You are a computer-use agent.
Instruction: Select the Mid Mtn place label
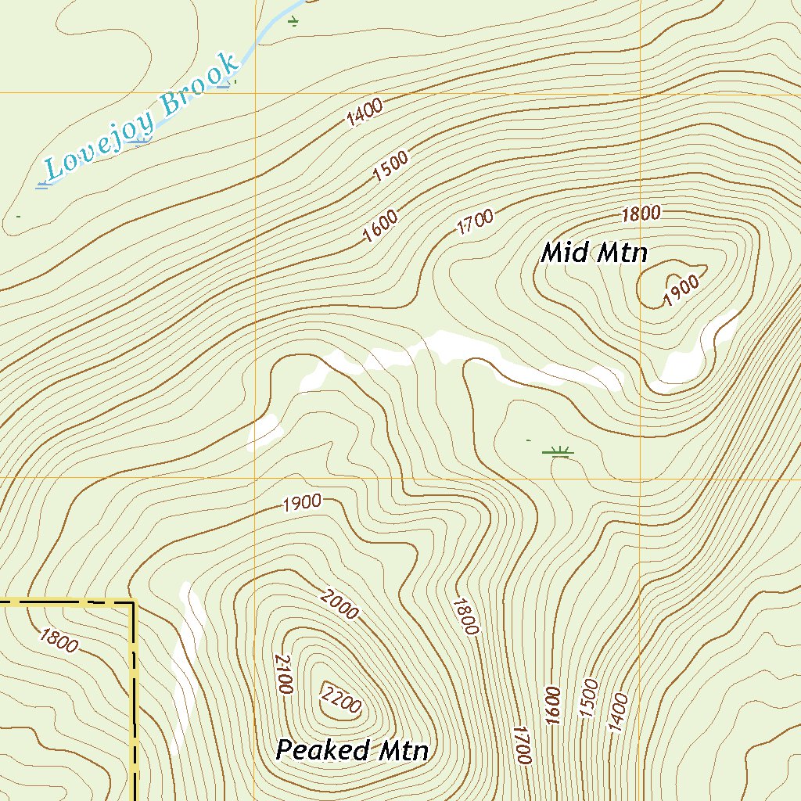pos(594,253)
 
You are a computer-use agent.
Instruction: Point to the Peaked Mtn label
pos(352,751)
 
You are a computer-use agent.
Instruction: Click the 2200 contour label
pos(342,698)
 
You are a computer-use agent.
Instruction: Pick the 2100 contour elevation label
pos(282,674)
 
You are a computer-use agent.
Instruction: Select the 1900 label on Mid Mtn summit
pos(681,292)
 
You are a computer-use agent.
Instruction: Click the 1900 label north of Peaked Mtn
pos(302,502)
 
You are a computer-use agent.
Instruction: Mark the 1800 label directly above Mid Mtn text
pos(641,213)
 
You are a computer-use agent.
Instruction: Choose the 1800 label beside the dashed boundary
pos(58,641)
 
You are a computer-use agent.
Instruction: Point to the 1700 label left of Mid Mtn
pos(475,223)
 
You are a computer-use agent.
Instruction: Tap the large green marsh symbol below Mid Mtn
pos(558,451)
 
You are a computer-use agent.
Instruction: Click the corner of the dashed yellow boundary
pos(133,603)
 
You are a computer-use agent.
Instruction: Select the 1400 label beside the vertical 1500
pos(618,712)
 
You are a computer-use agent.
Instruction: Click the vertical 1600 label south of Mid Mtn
pos(553,706)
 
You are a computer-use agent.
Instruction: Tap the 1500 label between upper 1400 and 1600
pos(390,167)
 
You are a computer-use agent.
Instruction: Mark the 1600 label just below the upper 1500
pos(380,227)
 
